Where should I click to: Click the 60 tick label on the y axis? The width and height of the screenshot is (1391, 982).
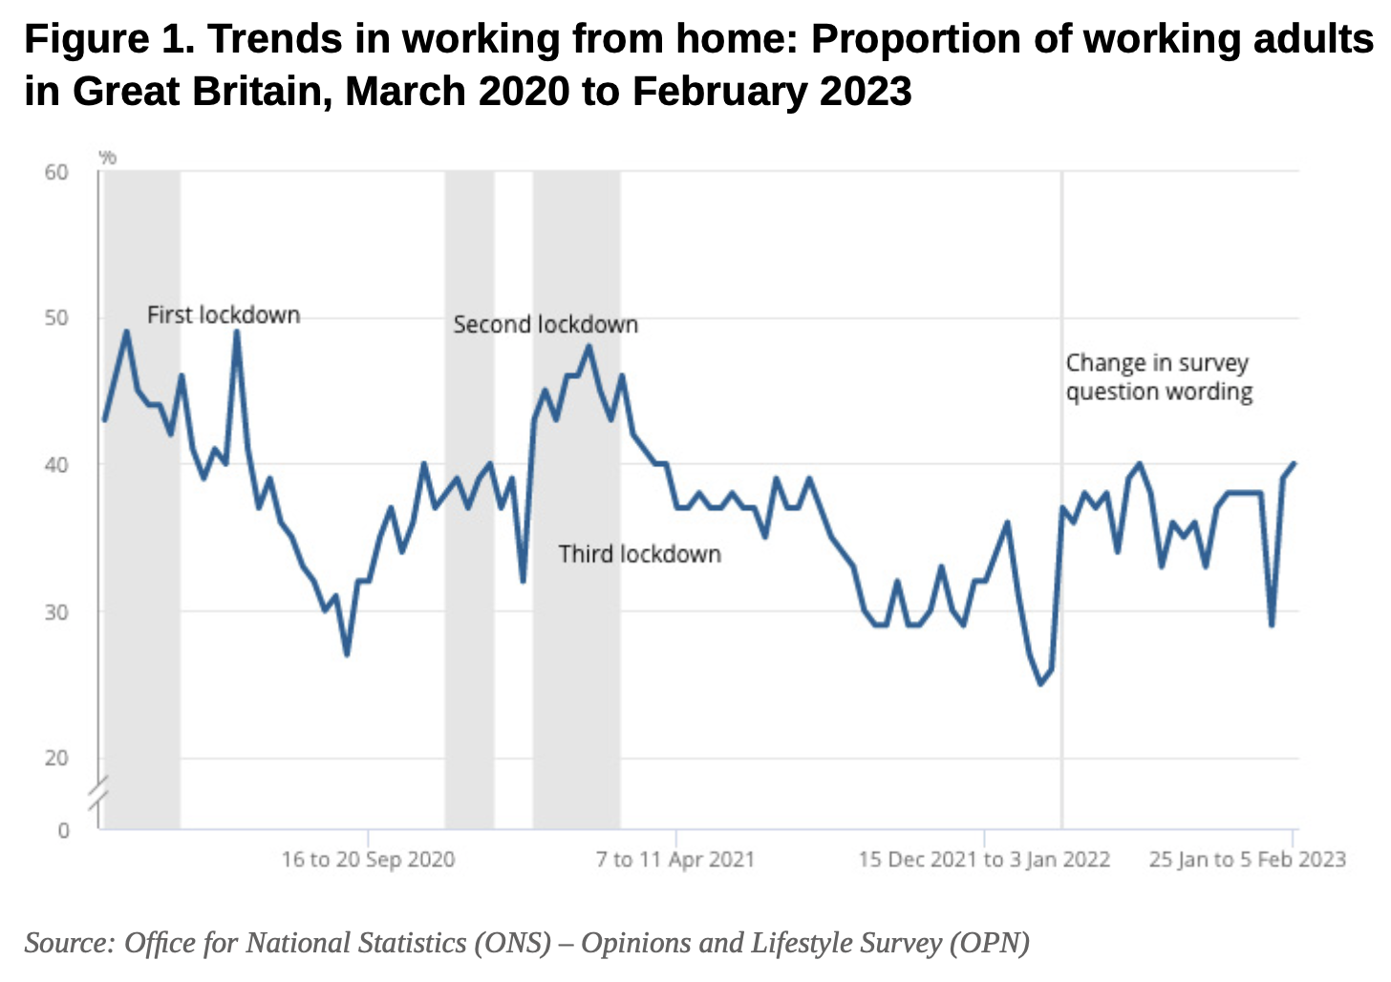click(56, 172)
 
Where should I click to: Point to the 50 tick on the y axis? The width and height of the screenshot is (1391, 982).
click(56, 318)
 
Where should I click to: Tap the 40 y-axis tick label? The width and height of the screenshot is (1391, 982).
click(56, 465)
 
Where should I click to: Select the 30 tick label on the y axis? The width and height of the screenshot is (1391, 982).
click(56, 611)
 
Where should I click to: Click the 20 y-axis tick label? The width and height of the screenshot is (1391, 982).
click(56, 758)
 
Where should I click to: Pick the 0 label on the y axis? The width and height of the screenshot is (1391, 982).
click(63, 831)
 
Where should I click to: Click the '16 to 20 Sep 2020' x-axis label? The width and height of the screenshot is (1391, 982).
click(368, 860)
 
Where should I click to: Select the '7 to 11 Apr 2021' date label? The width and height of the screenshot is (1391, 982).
click(675, 860)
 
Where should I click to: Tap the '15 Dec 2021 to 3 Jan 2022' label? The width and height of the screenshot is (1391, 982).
click(984, 860)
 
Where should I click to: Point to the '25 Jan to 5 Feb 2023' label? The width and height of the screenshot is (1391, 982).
click(1247, 860)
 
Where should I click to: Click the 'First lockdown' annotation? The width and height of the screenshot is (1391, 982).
click(224, 315)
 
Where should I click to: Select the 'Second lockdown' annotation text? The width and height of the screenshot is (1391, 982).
click(546, 325)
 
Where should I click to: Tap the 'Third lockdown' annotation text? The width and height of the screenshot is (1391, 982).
click(639, 554)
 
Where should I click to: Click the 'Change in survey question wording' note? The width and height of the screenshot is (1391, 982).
click(1159, 377)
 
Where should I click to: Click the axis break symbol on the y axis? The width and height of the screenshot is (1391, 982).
click(99, 797)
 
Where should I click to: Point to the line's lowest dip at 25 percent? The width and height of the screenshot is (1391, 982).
click(1040, 684)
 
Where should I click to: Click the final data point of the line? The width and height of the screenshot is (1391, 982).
click(1295, 463)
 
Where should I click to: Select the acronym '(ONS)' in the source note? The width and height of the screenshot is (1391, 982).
click(512, 943)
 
